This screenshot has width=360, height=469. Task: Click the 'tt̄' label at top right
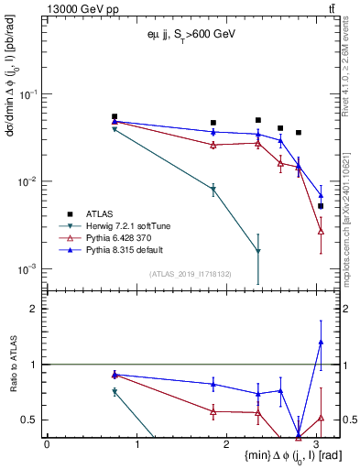331,8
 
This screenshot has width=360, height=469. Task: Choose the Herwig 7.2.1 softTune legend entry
129,224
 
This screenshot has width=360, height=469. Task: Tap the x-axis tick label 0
47,443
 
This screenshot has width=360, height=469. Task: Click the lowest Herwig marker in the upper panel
258,251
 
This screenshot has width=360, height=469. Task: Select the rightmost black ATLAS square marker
321,206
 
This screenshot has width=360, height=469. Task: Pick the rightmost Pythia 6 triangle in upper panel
321,231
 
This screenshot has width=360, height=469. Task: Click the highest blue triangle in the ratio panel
321,342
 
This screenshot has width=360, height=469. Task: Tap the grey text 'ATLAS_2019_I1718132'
191,274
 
